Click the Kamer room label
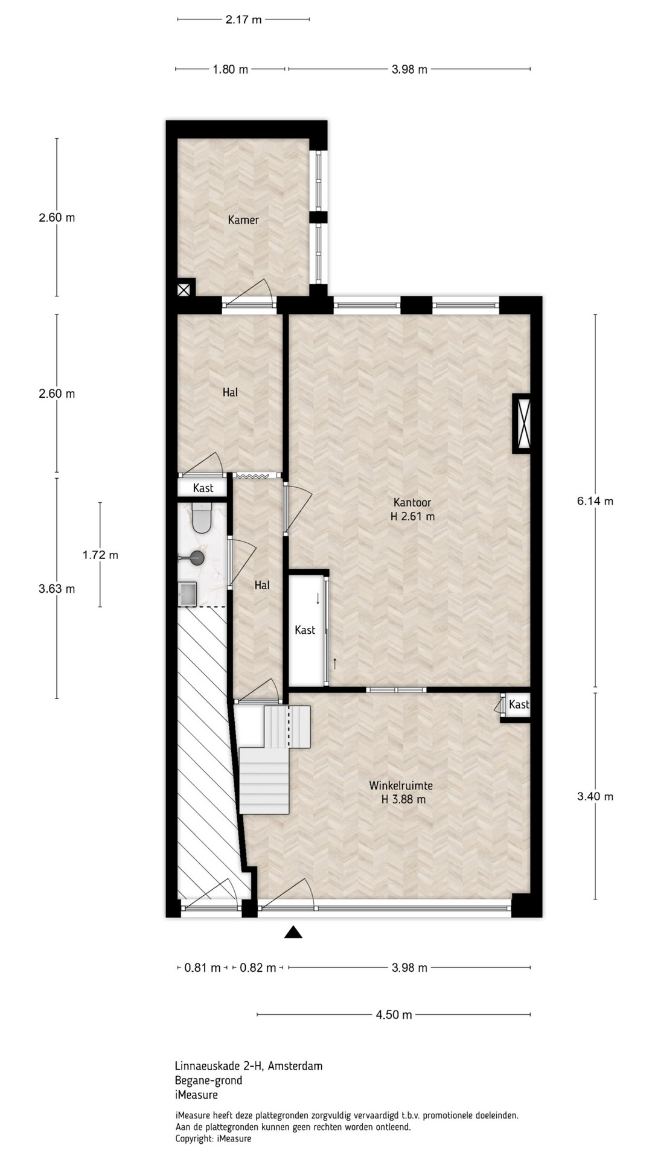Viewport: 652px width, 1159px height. (243, 220)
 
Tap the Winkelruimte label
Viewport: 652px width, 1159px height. (401, 786)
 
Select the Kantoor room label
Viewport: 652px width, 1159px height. (412, 502)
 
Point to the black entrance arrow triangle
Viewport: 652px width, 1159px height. (293, 933)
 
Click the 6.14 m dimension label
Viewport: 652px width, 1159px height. (595, 501)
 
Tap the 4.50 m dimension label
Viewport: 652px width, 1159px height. (394, 1015)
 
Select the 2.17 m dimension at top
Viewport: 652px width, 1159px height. (243, 19)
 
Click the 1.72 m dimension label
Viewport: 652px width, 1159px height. (100, 555)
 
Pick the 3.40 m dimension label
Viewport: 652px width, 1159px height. (595, 796)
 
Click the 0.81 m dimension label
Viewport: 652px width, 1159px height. (202, 968)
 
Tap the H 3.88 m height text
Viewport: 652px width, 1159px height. (403, 800)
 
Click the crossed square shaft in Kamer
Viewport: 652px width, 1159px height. (184, 290)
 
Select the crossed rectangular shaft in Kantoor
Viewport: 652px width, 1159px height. (522, 424)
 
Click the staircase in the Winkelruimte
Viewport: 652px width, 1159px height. (275, 758)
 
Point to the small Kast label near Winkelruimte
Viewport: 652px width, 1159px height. (519, 704)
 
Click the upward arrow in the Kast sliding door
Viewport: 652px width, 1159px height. (334, 664)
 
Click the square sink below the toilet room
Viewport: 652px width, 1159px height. (187, 593)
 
